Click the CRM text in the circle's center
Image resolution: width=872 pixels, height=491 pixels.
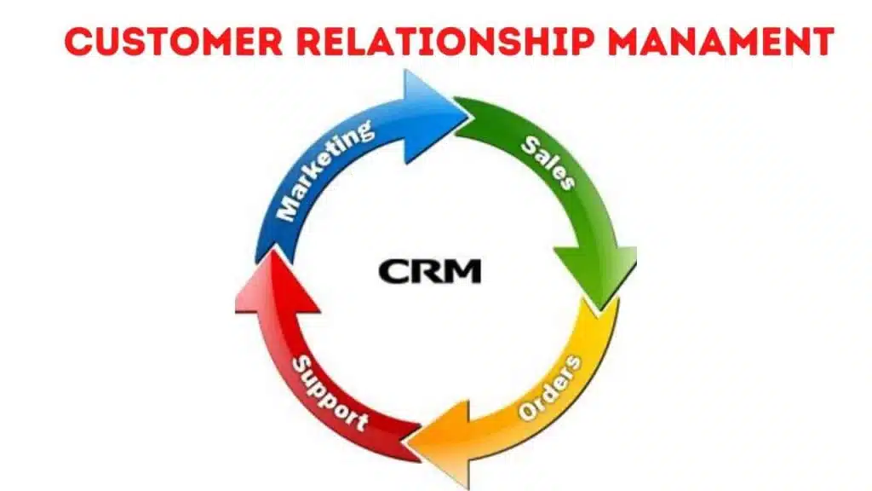[430, 271]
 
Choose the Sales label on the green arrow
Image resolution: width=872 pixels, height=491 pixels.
[548, 160]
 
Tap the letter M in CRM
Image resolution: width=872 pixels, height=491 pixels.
[463, 271]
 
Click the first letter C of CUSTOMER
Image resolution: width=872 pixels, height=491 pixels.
[77, 40]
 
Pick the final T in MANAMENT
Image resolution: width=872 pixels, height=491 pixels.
[820, 40]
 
